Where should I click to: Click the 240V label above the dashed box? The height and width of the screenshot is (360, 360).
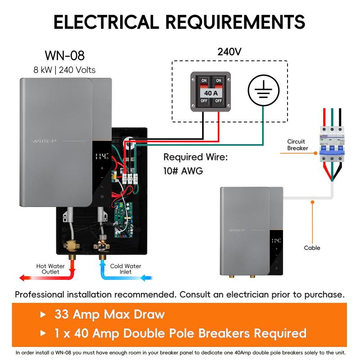(229, 51)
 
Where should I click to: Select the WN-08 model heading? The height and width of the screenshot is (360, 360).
(64, 56)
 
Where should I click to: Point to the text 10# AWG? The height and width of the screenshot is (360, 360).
(183, 171)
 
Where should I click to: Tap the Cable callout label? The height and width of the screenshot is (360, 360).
(312, 248)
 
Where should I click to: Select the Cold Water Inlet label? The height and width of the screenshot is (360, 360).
(126, 269)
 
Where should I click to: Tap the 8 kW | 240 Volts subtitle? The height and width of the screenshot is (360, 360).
(64, 70)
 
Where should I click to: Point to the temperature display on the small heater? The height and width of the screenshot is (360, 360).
(275, 240)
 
